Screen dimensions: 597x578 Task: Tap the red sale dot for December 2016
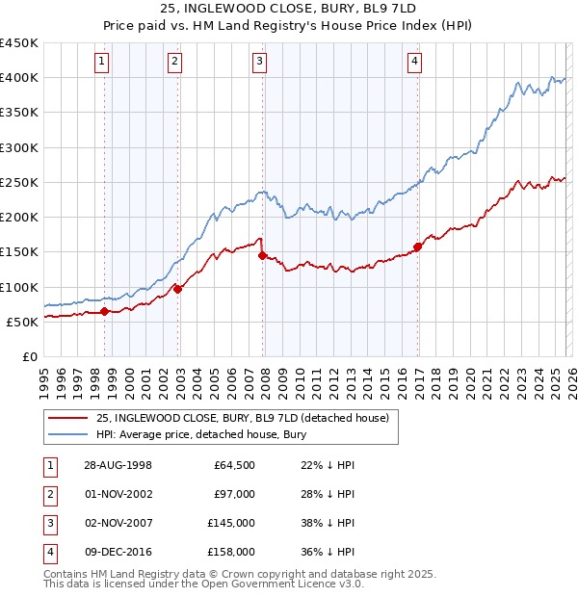[x=417, y=247]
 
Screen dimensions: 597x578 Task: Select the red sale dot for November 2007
[x=262, y=255]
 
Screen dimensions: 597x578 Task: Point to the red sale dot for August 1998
[x=105, y=311]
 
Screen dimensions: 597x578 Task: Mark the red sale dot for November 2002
[x=177, y=288]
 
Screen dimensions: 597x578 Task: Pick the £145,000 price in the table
[x=231, y=524]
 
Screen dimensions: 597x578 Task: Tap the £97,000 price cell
[x=234, y=494]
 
